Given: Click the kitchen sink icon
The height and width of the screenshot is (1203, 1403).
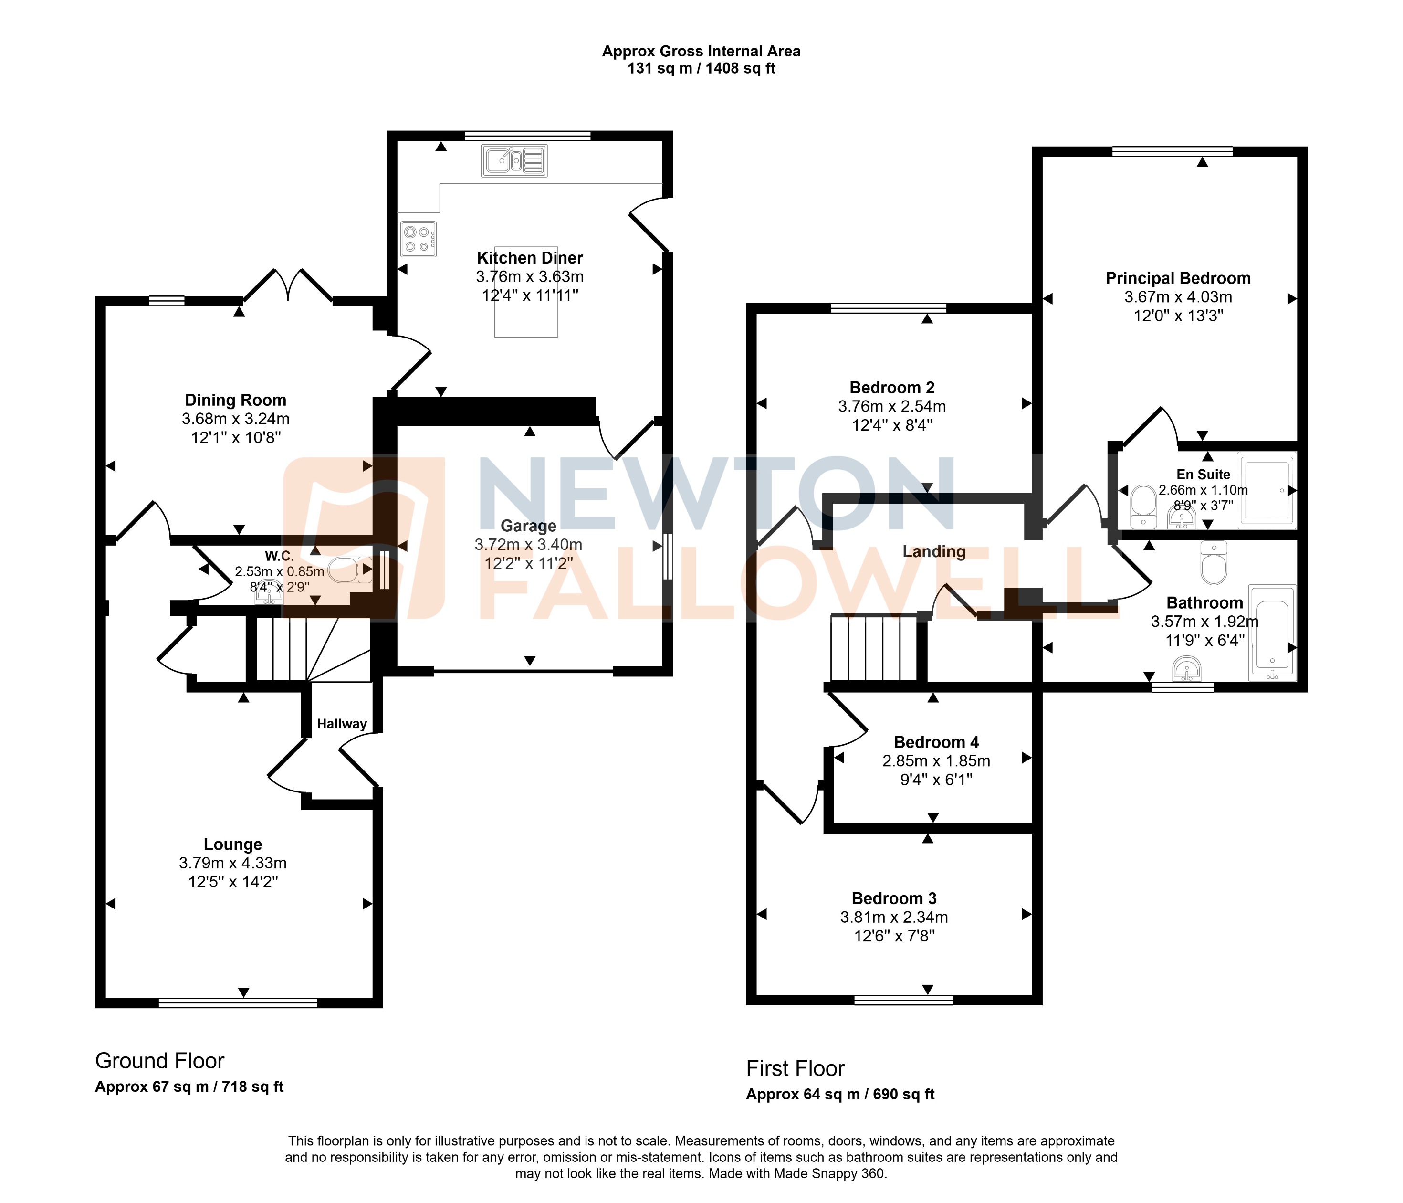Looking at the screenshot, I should [x=514, y=160].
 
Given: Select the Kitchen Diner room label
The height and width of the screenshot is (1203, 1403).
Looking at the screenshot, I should [x=530, y=258].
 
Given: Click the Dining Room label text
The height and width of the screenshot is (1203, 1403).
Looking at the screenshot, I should [x=236, y=401].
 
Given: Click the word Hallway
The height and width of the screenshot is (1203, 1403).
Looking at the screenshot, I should [x=342, y=724].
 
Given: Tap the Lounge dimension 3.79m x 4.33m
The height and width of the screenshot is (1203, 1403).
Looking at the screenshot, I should [x=232, y=863].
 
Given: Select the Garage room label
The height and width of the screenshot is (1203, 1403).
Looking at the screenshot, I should [x=528, y=526].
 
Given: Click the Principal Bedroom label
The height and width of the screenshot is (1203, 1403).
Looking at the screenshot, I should [x=1178, y=278].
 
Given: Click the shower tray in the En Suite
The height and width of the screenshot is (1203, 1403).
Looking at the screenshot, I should [x=1266, y=490].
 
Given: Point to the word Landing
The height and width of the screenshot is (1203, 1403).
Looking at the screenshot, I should [x=934, y=551].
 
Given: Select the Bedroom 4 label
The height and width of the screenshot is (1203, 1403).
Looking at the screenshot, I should [x=936, y=742].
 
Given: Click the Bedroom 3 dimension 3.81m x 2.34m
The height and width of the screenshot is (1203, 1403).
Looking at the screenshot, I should [x=894, y=917].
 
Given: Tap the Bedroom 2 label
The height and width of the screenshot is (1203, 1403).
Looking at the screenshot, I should [x=892, y=388].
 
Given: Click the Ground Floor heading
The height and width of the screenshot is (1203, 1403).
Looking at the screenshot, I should [x=160, y=1061].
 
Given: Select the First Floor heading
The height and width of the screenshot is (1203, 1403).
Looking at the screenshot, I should [x=795, y=1068].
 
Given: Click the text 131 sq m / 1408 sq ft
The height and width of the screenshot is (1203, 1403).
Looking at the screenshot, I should [x=701, y=68].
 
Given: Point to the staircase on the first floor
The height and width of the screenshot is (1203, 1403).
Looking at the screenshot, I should [x=873, y=647].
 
